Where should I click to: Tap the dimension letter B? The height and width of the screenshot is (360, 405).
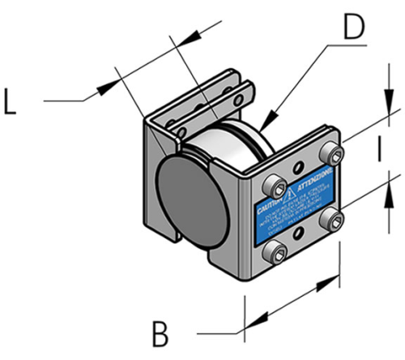pos(163,332)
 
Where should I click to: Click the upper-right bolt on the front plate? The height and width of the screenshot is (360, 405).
pos(328,154)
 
